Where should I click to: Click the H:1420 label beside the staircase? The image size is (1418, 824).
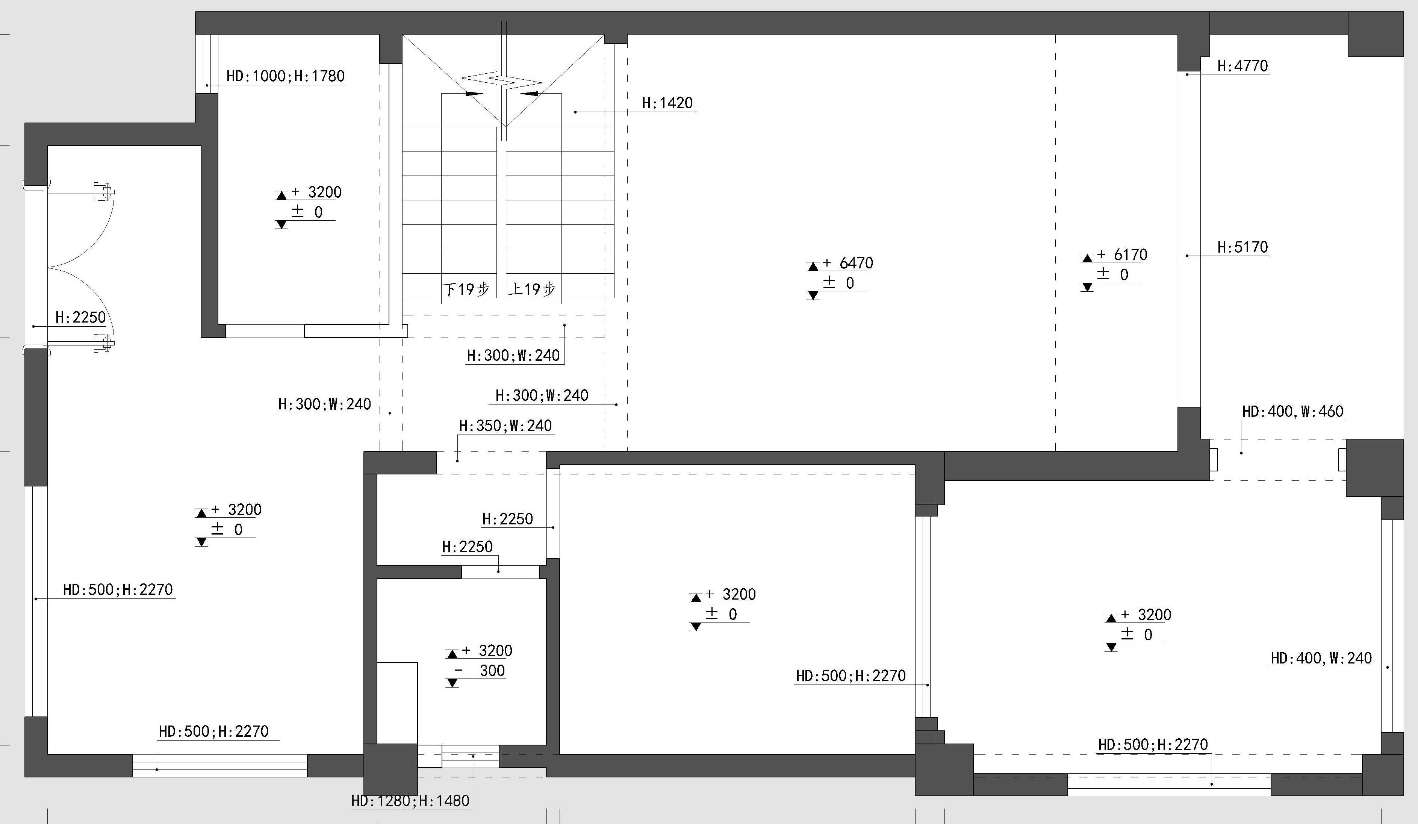point(667,103)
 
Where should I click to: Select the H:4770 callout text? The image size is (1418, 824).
point(1242,66)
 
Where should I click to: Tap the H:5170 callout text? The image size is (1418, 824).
point(1242,247)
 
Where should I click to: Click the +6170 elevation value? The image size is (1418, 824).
point(1123,254)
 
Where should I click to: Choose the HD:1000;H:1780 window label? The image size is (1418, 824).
point(285,76)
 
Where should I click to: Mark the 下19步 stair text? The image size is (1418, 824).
point(466,289)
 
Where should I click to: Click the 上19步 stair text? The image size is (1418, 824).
point(532,289)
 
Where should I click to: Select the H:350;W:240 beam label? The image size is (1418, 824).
point(505,426)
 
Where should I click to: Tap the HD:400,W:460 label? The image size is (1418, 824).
point(1292,412)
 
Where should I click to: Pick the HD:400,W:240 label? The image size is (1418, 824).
point(1321,658)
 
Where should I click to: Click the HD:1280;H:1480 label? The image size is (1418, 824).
point(410,800)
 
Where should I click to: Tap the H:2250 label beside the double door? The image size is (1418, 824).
point(80,317)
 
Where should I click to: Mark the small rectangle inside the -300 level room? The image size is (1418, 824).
point(397,703)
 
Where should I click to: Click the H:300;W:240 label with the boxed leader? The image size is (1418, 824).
point(513,355)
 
